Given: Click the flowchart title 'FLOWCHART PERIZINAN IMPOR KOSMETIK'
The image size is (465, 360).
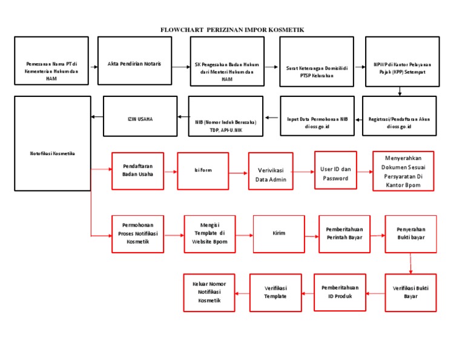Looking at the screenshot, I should point(232,29).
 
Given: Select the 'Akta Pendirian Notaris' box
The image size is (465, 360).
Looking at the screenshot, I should point(134,61).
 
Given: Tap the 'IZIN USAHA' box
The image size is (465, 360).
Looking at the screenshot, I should point(140,118).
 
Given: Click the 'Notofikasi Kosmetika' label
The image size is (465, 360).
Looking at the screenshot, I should point(53,153).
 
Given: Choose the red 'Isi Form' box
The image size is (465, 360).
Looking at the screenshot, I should point(203,171).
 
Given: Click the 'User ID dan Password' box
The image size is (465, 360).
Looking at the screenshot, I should point(335,173).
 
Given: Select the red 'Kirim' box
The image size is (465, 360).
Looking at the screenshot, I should point(279,233).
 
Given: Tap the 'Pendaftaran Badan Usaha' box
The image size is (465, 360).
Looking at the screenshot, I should point(137,171).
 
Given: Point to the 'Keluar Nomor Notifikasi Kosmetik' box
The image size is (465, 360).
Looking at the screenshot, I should point(209,293).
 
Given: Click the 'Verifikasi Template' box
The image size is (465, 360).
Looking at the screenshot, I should point(275,292).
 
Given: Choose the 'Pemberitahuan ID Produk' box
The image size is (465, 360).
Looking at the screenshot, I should point(340,292).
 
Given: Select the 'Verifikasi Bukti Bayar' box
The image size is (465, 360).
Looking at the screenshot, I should point(411,292).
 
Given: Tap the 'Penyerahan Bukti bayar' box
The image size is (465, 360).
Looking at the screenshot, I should point(411,234).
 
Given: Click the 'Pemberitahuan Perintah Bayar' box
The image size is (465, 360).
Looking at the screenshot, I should point(344,234).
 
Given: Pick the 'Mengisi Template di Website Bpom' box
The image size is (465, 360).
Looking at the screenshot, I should point(209,233).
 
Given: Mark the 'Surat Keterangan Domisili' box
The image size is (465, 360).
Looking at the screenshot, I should point(317,61).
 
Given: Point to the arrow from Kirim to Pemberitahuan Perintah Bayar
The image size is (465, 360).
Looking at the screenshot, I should point(312,234).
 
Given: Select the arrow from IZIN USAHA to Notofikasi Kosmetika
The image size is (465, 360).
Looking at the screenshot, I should point(97,118).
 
